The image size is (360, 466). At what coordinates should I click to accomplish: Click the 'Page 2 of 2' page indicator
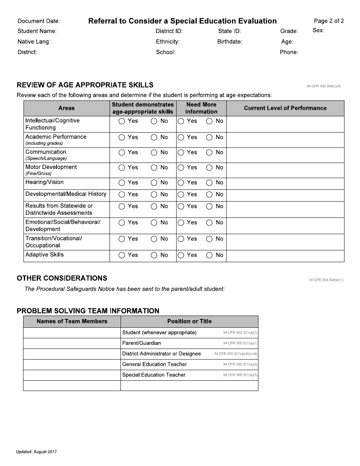[329, 21]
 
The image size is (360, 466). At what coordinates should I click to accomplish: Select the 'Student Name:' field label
[37, 31]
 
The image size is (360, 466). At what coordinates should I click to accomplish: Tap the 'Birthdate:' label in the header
[229, 42]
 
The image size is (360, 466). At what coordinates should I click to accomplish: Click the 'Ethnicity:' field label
[167, 42]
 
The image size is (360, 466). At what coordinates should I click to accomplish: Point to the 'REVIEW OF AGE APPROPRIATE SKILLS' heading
[85, 85]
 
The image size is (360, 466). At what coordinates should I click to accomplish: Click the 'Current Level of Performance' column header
[285, 108]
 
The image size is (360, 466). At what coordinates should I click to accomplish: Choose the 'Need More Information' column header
[201, 108]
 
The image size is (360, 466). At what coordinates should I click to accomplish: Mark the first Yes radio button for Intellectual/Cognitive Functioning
[122, 121]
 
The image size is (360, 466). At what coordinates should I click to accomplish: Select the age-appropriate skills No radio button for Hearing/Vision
[154, 183]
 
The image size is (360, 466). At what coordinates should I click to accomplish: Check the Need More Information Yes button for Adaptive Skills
[181, 255]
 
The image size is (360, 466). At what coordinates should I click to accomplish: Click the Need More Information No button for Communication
[209, 153]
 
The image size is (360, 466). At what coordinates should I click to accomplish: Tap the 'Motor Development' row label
[51, 167]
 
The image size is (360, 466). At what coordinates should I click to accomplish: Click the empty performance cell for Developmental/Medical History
[285, 195]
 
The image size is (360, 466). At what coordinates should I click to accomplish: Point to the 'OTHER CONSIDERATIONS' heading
[62, 278]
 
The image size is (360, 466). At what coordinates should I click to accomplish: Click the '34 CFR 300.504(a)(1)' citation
[326, 280]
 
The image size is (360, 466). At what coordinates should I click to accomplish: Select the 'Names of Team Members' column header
[72, 321]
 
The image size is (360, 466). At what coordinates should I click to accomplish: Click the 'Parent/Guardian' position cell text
[141, 343]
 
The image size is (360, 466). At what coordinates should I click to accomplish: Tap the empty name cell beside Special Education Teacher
[72, 375]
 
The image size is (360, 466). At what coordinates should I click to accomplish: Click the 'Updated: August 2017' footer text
[36, 452]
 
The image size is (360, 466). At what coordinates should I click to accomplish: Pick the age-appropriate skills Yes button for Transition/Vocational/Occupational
[122, 239]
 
